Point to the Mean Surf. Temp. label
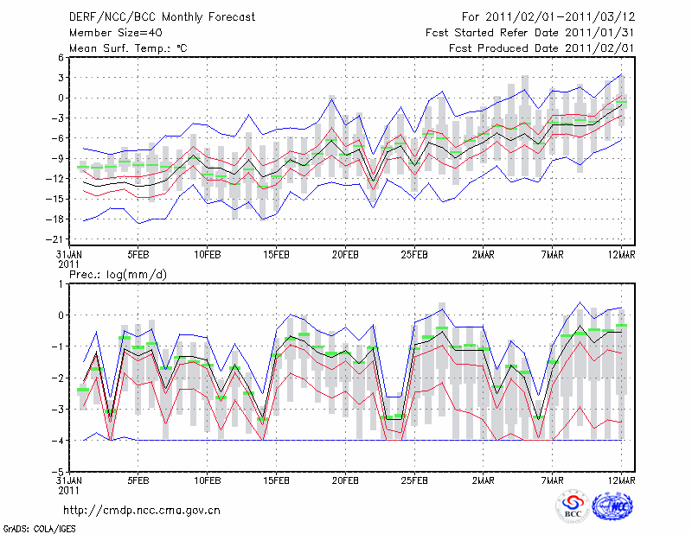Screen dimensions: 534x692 tap(128, 48)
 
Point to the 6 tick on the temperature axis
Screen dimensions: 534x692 tap(61, 57)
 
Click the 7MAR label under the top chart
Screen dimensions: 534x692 tap(553, 255)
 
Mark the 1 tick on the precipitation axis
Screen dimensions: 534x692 tap(62, 283)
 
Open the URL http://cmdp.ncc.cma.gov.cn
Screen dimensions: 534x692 tap(143, 509)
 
